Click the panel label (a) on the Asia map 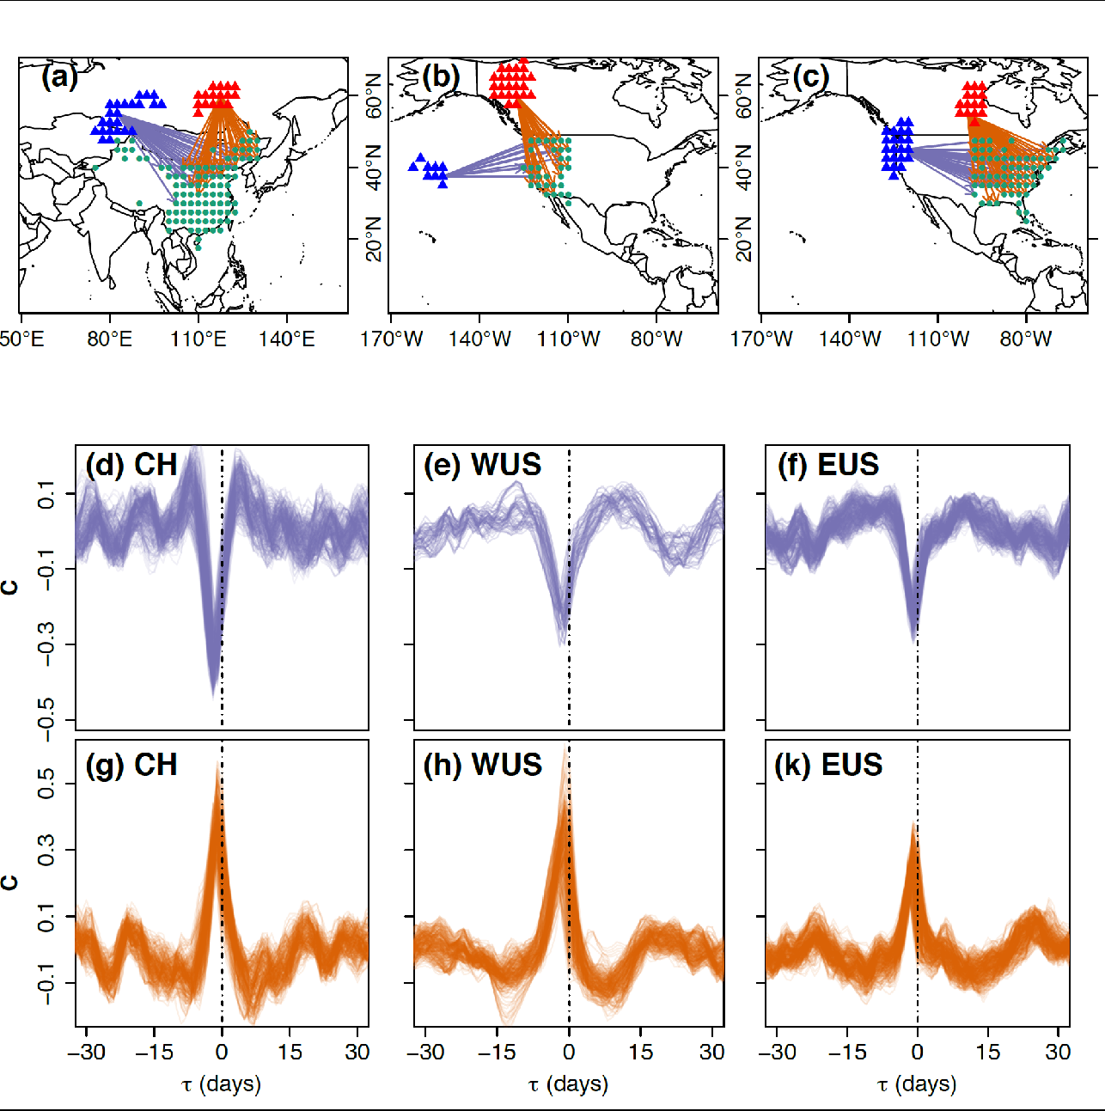click(x=59, y=78)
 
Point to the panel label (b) click(x=441, y=78)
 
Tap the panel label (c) click(x=811, y=78)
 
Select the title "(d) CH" click(x=131, y=465)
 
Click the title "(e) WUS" click(x=483, y=465)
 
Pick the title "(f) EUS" click(x=828, y=465)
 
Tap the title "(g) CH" click(x=131, y=765)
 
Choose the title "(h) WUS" click(x=483, y=765)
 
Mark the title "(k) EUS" click(x=828, y=765)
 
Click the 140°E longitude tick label click(x=287, y=339)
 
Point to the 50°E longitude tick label click(x=21, y=339)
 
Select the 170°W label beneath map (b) click(x=392, y=339)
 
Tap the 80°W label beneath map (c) click(x=1026, y=339)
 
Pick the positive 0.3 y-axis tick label click(x=46, y=851)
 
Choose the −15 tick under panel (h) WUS click(x=496, y=1053)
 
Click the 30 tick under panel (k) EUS click(x=1058, y=1053)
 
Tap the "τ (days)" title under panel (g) click(x=222, y=1084)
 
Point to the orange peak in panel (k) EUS click(x=915, y=825)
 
